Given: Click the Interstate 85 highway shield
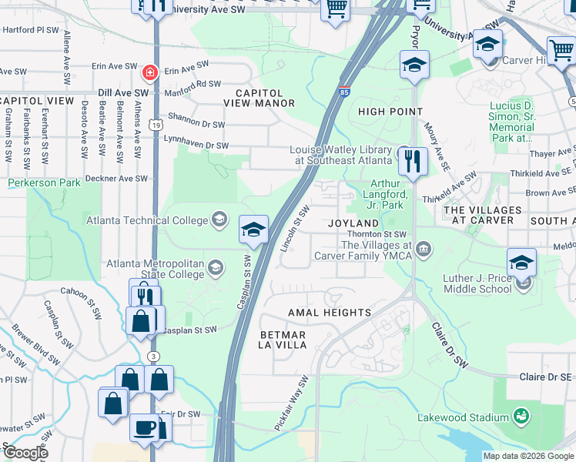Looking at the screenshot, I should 343,91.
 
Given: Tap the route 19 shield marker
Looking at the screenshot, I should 156,124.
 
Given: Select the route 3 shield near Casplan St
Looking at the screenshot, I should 155,356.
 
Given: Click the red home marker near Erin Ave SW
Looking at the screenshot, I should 150,73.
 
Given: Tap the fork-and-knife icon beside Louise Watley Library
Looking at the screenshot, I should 414,162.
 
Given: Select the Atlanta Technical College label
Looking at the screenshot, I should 147,220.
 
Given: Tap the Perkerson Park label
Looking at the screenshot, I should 44,183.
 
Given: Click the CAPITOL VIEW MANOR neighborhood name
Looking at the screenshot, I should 259,98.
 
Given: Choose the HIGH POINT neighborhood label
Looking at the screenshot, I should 390,112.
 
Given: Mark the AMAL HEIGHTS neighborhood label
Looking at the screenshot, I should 329,313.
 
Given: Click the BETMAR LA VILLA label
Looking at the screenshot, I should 283,340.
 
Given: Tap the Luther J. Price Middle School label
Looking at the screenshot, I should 477,283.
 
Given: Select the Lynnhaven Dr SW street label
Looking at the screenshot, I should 196,146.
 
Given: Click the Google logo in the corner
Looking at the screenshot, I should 26,453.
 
